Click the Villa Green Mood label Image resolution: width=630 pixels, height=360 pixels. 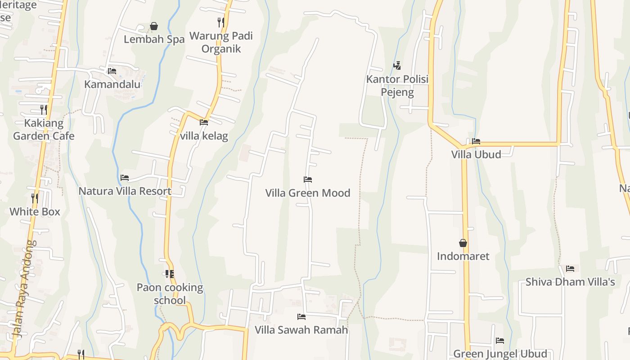pyautogui.click(x=308, y=193)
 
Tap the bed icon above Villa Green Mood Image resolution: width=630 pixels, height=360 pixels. pyautogui.click(x=308, y=180)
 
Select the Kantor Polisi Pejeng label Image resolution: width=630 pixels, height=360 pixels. pyautogui.click(x=397, y=85)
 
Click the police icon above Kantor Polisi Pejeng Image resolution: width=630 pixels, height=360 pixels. pyautogui.click(x=397, y=66)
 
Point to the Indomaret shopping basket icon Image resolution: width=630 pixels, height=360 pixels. pyautogui.click(x=463, y=243)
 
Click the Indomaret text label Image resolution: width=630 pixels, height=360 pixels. pyautogui.click(x=463, y=256)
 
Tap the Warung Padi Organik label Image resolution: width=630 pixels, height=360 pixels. pyautogui.click(x=221, y=42)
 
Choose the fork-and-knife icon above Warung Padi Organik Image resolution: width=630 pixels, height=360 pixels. pyautogui.click(x=220, y=22)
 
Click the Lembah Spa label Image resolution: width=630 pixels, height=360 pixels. pyautogui.click(x=154, y=39)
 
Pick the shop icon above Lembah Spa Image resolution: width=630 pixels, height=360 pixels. pyautogui.click(x=154, y=26)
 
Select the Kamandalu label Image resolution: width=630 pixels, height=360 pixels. pyautogui.click(x=112, y=84)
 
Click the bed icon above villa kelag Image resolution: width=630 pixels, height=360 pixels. pyautogui.click(x=204, y=122)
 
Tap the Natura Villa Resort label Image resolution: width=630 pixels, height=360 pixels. pyautogui.click(x=125, y=191)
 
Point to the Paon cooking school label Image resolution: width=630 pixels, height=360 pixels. pyautogui.click(x=170, y=294)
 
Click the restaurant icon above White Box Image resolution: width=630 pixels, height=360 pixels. pyautogui.click(x=35, y=198)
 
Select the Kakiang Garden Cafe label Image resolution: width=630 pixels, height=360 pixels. pyautogui.click(x=44, y=129)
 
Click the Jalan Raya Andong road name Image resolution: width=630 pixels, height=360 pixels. pyautogui.click(x=25, y=288)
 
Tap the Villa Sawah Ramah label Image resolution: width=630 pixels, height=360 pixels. pyautogui.click(x=301, y=330)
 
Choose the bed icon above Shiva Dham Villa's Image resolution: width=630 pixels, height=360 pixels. pyautogui.click(x=570, y=269)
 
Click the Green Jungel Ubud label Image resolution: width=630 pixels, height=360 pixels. pyautogui.click(x=500, y=354)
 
